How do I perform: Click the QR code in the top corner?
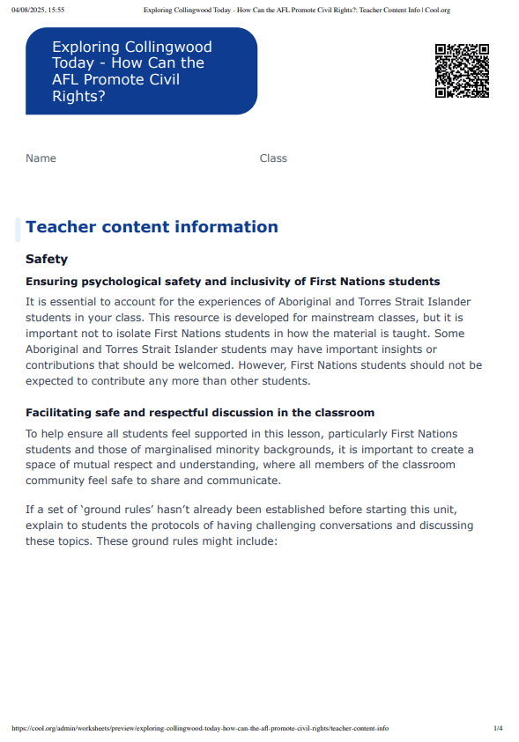pos(462,70)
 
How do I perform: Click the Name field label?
pos(41,158)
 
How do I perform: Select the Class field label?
pos(273,158)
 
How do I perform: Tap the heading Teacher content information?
pos(152,227)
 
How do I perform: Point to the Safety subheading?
pos(47,260)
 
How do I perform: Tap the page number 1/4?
pos(498,729)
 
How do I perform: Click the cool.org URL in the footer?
pos(200,729)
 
